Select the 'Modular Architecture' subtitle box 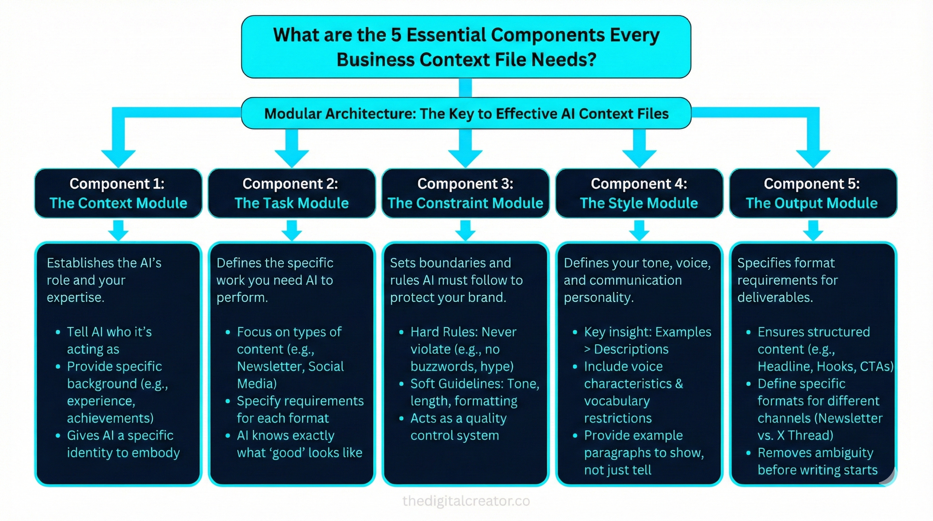(x=466, y=113)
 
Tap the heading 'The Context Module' (x=118, y=203)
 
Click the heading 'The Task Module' (x=292, y=203)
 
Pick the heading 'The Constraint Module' (x=465, y=203)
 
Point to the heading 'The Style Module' (x=639, y=203)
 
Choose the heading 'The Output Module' (x=812, y=203)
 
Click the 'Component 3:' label (x=465, y=184)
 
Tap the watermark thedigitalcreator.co (x=466, y=501)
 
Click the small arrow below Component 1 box (x=118, y=230)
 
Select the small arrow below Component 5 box (x=813, y=230)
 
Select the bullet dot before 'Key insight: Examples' (x=575, y=332)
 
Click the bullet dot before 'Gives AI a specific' (x=58, y=436)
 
